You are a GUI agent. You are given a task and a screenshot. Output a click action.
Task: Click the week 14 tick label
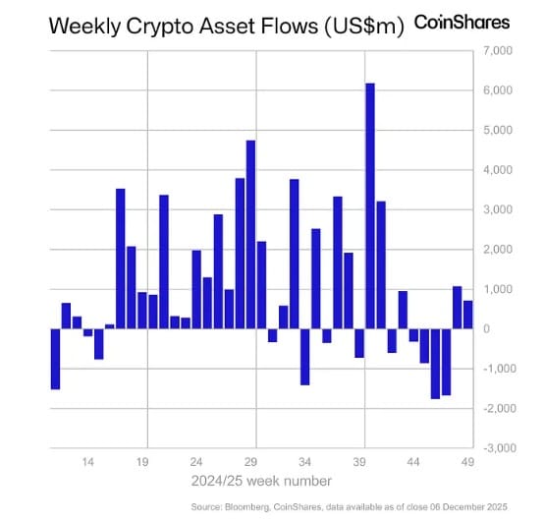(87, 461)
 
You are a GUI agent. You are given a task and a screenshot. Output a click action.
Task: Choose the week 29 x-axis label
(250, 461)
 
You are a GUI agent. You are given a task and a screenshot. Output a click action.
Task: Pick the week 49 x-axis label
(467, 461)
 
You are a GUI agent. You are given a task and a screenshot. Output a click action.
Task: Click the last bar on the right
(467, 315)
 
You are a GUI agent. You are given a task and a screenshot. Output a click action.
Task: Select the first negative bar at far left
(56, 359)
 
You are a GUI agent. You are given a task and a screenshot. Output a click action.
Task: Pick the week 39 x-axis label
(359, 461)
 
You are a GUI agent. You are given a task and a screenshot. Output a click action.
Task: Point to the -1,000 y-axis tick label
(498, 369)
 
